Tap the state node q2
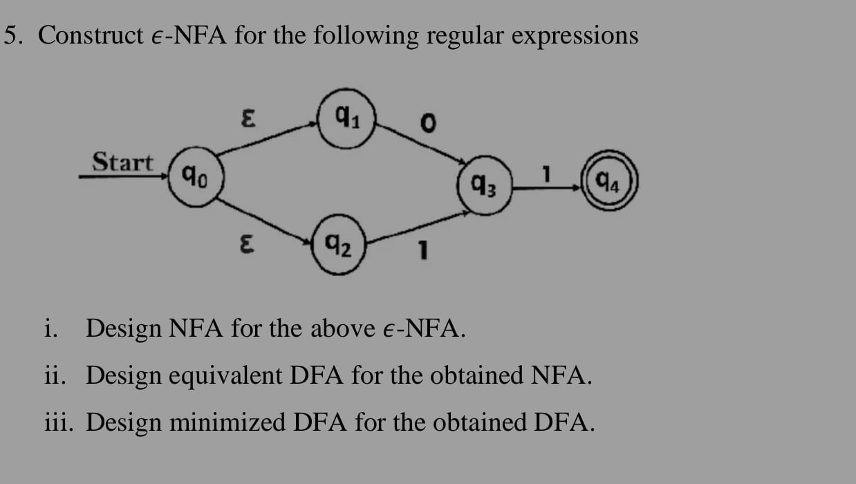(x=341, y=245)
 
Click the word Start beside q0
(x=123, y=163)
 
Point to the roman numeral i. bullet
(x=50, y=328)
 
